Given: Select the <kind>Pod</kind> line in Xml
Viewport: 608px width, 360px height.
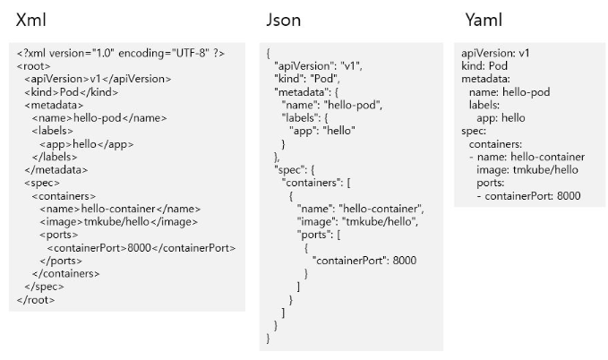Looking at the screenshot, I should tap(71, 92).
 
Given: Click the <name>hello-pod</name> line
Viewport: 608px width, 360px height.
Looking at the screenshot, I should tap(99, 117).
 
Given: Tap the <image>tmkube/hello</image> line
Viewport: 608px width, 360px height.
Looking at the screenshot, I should tap(117, 221).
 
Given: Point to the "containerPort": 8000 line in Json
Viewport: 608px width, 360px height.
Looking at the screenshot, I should tap(364, 261).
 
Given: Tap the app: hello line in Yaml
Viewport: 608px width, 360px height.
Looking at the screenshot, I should tap(501, 118).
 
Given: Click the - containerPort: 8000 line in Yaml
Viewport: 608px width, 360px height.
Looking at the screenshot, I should tap(528, 196).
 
